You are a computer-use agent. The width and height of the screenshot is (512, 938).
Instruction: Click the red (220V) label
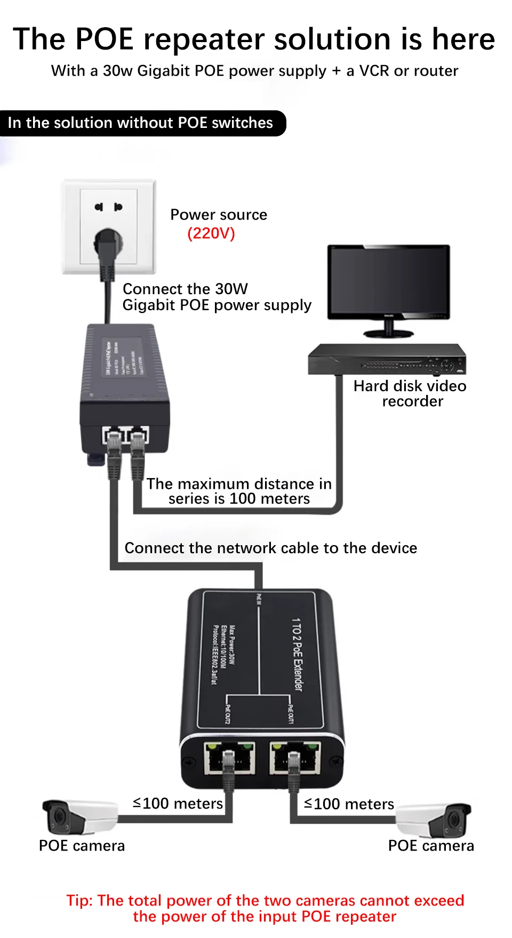click(211, 233)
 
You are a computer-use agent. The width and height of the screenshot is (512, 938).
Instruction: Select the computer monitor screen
click(389, 281)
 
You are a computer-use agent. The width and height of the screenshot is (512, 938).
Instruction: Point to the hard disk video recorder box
click(387, 360)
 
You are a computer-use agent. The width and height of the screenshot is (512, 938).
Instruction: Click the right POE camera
click(434, 819)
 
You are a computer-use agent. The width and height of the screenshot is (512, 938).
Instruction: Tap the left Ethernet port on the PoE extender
click(229, 757)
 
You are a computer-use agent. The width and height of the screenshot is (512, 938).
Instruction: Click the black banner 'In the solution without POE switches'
click(141, 123)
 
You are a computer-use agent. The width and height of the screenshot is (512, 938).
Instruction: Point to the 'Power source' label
click(219, 215)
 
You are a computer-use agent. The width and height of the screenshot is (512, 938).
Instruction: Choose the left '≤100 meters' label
click(178, 803)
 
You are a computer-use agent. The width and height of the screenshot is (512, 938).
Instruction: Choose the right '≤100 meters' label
click(349, 804)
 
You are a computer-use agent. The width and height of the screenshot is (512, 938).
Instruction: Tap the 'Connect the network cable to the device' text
click(271, 548)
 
